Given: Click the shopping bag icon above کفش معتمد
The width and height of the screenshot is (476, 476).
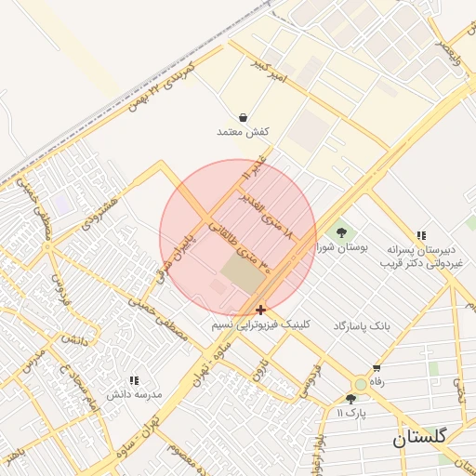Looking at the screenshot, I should click(243, 118).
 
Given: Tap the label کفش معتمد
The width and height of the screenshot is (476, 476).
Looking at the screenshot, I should click(243, 133).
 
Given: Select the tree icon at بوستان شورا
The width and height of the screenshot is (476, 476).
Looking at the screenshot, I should click(342, 232).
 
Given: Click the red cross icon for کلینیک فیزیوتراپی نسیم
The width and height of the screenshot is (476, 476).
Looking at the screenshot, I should click(260, 310).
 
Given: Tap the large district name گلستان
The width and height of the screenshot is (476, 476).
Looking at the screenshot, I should click(419, 436).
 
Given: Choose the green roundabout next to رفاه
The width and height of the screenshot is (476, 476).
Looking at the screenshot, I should click(360, 384).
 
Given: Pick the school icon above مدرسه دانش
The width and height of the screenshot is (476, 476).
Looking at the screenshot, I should click(134, 380).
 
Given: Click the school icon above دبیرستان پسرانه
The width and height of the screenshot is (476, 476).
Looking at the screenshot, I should click(421, 236).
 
